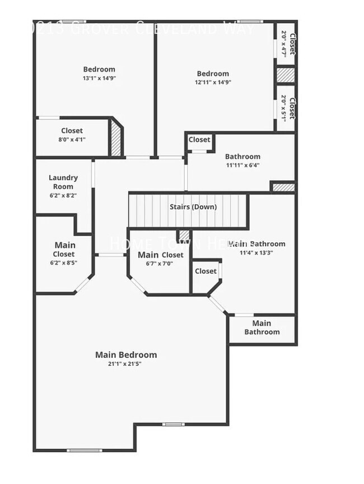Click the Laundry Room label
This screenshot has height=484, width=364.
coord(63,182)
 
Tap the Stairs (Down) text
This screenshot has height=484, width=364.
coord(193,206)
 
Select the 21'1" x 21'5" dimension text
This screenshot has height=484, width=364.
coord(126,364)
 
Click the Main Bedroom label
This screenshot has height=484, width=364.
coord(126,355)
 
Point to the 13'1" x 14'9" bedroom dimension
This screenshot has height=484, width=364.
coord(99,78)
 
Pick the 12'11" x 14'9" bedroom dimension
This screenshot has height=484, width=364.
coord(213,82)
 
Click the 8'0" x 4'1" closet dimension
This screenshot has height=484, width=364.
coord(72,140)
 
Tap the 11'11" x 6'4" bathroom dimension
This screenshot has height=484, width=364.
coord(242,165)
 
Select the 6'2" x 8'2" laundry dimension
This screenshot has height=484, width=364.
coord(63,195)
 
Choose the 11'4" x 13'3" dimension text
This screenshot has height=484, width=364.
coord(256,252)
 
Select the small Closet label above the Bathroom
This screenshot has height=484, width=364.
coord(199,140)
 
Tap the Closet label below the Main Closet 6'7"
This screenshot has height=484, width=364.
coord(206,271)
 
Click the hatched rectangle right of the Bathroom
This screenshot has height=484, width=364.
coord(283,187)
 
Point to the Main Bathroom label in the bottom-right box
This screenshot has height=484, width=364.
coord(262,327)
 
